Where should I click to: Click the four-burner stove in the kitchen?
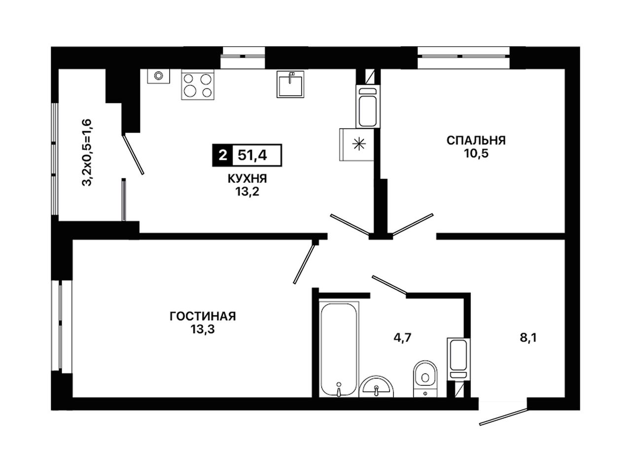point(198,86)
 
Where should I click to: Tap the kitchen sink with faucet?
point(290,84)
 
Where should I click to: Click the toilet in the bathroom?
point(425,378)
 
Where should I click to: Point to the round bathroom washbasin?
point(376,387)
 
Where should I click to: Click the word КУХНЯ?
point(247,179)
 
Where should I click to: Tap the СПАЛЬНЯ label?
point(476,140)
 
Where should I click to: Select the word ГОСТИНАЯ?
point(203,316)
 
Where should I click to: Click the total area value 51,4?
point(252,155)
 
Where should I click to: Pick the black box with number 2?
point(222,155)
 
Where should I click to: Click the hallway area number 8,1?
point(528,338)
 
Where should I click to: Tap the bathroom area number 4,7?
point(402,338)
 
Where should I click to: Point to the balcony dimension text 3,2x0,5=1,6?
point(87,152)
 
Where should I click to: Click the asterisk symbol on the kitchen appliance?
point(359,144)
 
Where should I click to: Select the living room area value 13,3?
point(203,329)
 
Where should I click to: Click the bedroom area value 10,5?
point(476,154)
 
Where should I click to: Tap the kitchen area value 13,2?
point(247,192)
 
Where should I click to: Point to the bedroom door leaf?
point(413,225)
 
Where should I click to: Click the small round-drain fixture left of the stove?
point(158,76)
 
